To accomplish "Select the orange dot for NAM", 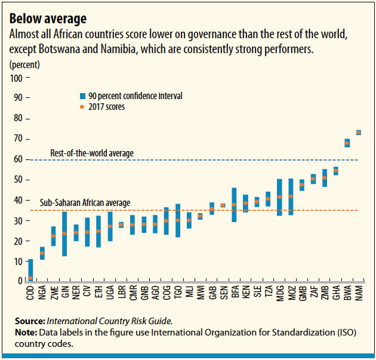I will click(358, 132).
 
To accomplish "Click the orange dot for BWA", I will click(347, 143).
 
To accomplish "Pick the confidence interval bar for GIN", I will click(64, 233).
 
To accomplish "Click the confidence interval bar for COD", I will click(30, 270).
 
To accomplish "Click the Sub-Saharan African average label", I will click(85, 203).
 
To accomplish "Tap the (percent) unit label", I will click(24, 63).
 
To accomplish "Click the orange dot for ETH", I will click(98, 231).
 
